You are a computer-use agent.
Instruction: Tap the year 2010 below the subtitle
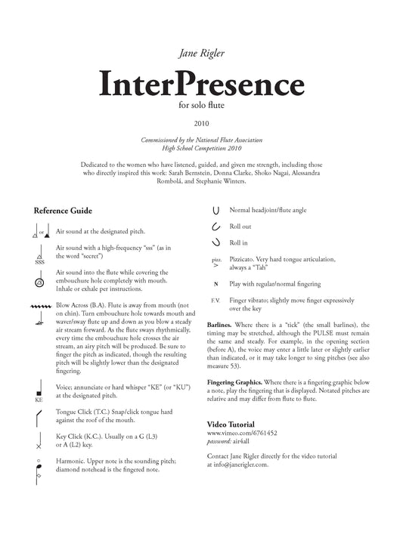[201, 122]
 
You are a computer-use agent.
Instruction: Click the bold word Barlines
[221, 323]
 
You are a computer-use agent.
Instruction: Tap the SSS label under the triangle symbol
[37, 261]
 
